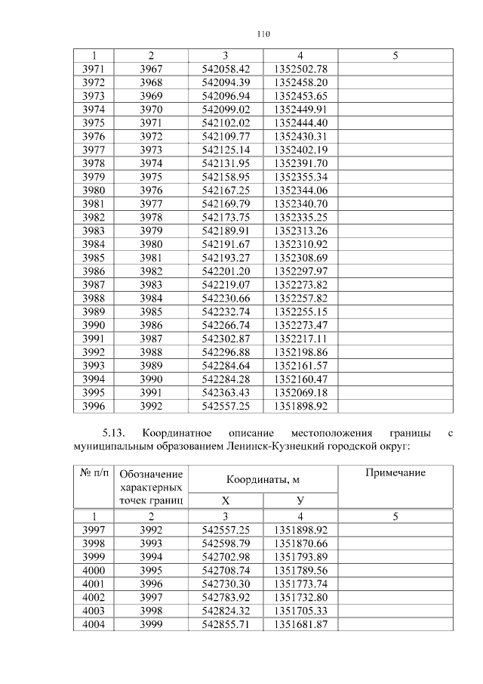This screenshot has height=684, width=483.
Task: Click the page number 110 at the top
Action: coord(263,33)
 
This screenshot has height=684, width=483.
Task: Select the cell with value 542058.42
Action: coord(226,69)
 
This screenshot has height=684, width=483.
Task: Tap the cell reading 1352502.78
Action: coord(300,69)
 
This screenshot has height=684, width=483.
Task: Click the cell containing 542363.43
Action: coord(226,393)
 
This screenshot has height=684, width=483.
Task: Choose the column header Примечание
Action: coord(395,472)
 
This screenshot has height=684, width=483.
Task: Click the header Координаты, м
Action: coord(263,479)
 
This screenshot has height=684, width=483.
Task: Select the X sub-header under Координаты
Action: coord(226,500)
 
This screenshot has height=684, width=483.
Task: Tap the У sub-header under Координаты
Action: coord(300,500)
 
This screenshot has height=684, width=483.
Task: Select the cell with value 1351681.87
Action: coord(300,624)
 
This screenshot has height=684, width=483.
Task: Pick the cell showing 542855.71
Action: coord(226,624)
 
